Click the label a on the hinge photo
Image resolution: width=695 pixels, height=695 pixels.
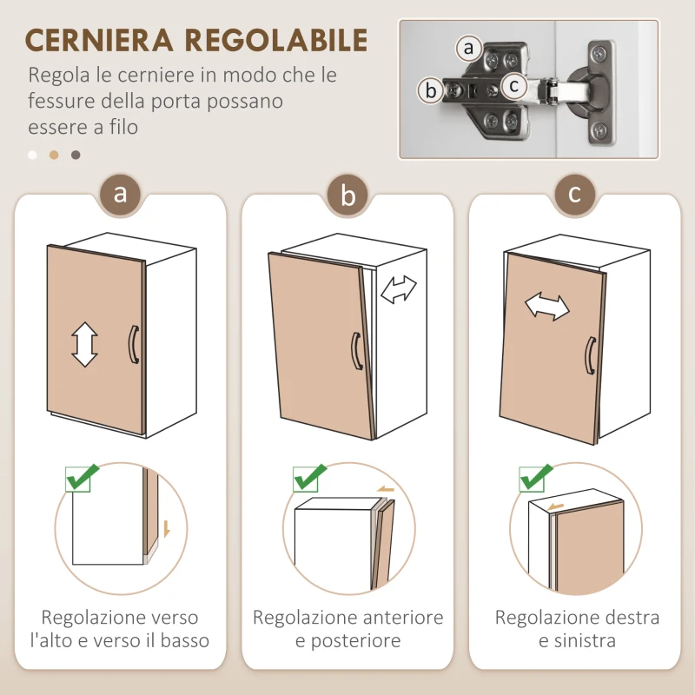tap(469, 47)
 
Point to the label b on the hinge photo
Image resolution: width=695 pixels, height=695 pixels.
tap(429, 89)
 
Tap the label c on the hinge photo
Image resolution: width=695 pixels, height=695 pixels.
tap(514, 85)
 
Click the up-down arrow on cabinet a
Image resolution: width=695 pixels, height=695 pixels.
tap(84, 344)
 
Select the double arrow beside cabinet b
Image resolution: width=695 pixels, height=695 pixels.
tap(399, 289)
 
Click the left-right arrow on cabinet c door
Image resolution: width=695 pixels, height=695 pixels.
tap(546, 307)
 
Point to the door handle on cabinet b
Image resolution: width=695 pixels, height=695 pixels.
tap(356, 351)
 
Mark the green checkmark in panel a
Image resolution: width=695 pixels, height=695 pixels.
tap(82, 477)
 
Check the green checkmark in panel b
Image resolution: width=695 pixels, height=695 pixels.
tap(309, 477)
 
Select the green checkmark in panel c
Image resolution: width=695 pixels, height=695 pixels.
tap(536, 477)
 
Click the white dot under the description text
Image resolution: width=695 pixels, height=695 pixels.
tap(32, 156)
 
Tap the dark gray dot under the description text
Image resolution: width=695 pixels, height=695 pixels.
tap(76, 156)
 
